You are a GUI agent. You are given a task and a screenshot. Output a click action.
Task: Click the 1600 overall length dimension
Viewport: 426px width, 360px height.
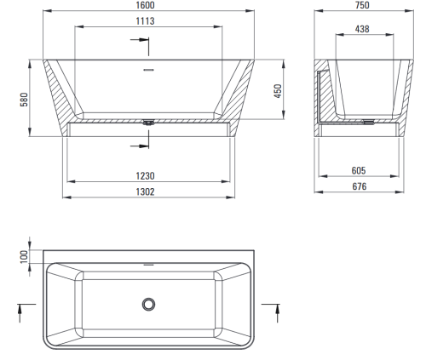[x=145, y=5]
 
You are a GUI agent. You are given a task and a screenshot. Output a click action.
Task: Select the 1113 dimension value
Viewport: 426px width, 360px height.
[x=145, y=21]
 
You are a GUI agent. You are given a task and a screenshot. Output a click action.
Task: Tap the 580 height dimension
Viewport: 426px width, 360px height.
[x=24, y=100]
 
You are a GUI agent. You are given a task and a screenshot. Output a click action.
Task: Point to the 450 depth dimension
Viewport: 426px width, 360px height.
[x=278, y=91]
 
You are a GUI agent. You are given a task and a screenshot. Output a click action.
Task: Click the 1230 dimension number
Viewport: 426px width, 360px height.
[x=145, y=176]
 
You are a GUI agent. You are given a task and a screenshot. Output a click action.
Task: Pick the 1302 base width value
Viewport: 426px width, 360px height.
[x=145, y=191]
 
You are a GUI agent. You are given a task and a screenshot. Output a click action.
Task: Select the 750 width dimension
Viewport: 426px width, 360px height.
[x=362, y=5]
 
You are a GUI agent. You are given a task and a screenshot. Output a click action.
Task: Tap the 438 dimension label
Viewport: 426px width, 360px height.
[x=362, y=29]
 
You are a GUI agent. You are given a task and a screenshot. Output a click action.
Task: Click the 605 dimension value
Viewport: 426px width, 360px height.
[x=359, y=170]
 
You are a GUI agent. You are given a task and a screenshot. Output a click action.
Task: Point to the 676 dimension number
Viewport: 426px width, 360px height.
[x=360, y=186]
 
